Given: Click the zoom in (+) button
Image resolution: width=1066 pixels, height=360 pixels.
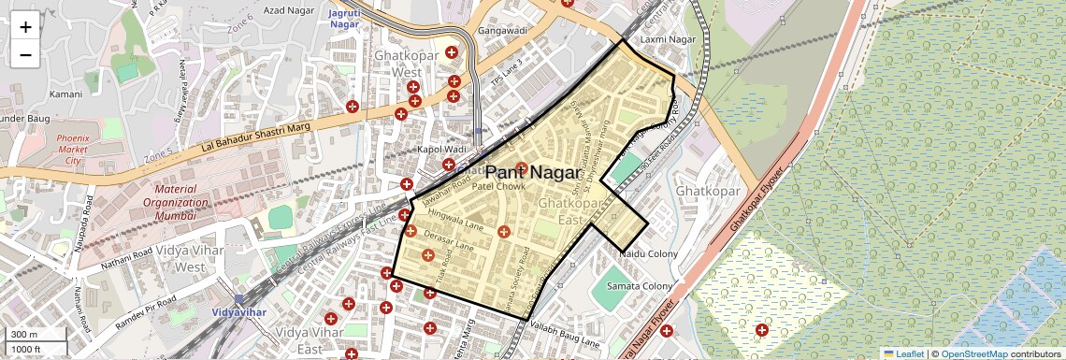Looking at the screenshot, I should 25,27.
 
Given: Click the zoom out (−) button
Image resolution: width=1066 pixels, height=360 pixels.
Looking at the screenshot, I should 25,54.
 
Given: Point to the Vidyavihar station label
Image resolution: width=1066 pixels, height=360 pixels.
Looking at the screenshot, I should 227,310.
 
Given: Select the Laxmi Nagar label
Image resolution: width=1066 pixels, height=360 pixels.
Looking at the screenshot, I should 669,39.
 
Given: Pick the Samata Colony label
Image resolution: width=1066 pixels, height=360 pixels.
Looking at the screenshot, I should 640,285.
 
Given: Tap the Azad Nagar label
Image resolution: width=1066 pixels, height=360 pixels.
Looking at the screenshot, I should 287,9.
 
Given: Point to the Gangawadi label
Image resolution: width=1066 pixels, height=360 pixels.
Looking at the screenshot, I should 503,31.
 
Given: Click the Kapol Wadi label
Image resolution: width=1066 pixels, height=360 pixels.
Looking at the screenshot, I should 441,150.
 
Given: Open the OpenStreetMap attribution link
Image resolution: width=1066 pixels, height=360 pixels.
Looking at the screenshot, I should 973,353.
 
